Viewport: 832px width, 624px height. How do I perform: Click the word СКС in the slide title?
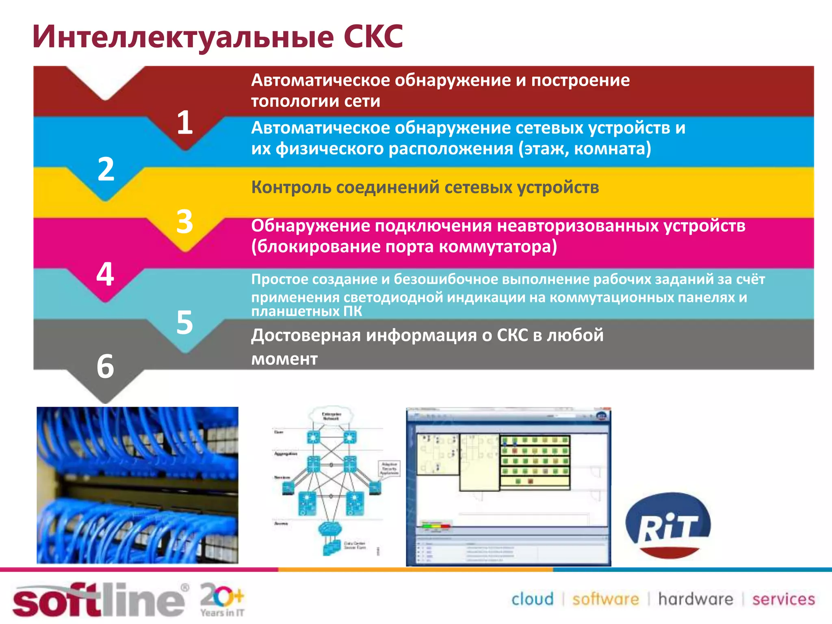373,37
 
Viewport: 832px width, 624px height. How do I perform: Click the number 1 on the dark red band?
185,123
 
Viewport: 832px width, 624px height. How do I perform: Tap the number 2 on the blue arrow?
106,169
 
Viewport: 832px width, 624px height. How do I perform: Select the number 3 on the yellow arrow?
185,222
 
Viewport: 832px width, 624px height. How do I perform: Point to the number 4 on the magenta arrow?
105,274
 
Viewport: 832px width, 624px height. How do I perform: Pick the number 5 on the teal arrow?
185,323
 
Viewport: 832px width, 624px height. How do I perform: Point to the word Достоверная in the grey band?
305,336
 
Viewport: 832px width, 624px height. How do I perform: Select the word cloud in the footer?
532,599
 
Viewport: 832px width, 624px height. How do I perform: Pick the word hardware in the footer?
695,599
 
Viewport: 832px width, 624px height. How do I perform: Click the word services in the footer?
783,599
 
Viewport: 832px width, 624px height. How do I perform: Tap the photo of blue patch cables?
137,485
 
